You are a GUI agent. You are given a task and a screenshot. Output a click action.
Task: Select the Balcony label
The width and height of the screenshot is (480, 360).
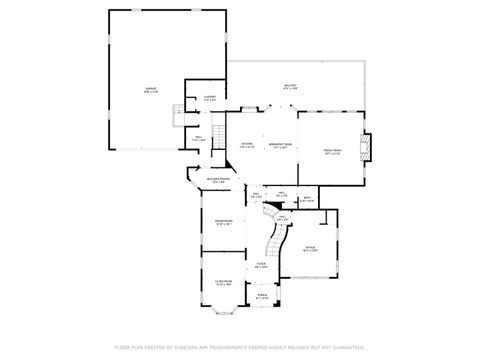coord(290,87)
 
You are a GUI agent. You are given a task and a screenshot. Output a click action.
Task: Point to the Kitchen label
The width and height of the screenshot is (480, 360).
coord(246,147)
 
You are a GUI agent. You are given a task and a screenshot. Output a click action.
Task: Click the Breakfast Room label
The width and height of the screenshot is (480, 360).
coord(281,146)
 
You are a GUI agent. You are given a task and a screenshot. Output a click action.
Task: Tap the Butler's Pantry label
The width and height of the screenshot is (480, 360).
coord(218,182)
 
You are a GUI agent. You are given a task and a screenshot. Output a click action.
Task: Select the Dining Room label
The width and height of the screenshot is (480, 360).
coord(223,223)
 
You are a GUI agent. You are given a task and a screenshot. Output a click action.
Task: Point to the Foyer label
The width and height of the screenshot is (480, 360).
coord(260,266)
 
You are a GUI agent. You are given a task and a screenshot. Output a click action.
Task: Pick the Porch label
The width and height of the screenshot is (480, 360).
coord(262,296)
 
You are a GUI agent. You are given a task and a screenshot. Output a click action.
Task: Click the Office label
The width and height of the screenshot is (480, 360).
coord(310,247)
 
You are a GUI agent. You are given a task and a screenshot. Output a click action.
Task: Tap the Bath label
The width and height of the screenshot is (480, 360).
coord(308,199)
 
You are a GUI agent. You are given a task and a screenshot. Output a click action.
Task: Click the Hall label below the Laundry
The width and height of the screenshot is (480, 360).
coord(198,138)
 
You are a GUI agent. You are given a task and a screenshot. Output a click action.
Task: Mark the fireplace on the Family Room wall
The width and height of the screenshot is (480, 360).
coord(366,148)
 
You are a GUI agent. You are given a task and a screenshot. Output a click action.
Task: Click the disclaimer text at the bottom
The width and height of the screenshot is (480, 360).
coord(240,347)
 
